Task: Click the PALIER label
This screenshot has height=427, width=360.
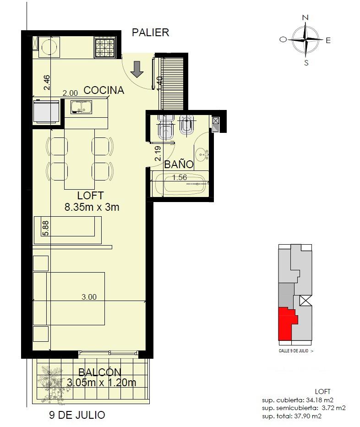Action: tap(150, 33)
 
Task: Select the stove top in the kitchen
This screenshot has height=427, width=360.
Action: tap(105, 48)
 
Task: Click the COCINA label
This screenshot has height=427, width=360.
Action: tap(104, 90)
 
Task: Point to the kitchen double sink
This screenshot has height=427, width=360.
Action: tap(82, 107)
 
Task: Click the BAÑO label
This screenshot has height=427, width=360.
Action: tap(179, 164)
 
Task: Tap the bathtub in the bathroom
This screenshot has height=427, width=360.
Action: tap(180, 183)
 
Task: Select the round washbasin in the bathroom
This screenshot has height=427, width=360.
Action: tap(202, 155)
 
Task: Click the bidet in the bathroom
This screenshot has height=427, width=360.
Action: tap(186, 125)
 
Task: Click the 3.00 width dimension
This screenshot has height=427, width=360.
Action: tap(89, 297)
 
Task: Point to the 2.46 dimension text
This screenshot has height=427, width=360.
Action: tap(47, 82)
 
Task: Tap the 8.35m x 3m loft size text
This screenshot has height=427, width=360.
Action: tap(92, 207)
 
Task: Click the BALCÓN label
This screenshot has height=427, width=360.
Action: tap(100, 372)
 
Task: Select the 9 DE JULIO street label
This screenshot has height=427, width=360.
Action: tap(77, 415)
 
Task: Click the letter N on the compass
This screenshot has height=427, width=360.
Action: tap(305, 18)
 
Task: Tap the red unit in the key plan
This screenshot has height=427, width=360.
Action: tap(286, 324)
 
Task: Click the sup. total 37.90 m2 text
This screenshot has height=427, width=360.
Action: tap(292, 416)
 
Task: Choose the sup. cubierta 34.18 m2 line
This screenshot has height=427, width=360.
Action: tap(298, 400)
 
